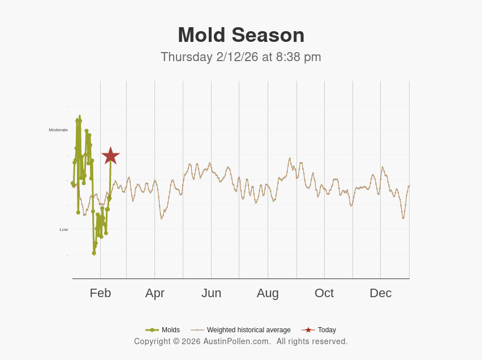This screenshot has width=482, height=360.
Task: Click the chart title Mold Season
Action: pos(241,35)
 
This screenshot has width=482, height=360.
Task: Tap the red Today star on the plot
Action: pos(110,156)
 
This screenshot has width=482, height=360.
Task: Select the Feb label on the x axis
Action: pos(100,293)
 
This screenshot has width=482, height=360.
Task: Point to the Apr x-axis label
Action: pos(154,293)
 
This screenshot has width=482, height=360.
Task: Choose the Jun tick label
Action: pos(211,293)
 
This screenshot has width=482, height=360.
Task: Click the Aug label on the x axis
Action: pos(268,293)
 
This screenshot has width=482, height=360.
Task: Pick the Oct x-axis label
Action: pos(324,293)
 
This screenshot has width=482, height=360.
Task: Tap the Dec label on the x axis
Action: pos(380,293)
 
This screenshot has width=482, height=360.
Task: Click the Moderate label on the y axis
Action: pos(58,130)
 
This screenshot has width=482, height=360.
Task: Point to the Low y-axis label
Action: pos(63,229)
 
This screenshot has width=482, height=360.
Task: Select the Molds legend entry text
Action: pos(170,330)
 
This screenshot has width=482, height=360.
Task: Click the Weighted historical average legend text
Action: pos(248,330)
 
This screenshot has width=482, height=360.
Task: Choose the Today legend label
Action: pos(326,330)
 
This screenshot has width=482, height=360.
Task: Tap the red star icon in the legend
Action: pos(308,330)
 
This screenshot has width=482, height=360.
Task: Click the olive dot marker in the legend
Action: pos(152,330)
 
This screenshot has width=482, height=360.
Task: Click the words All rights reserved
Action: pos(312,341)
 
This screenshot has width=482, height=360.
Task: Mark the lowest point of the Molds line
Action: pos(94,253)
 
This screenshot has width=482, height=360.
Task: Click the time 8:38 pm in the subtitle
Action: pos(298,57)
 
